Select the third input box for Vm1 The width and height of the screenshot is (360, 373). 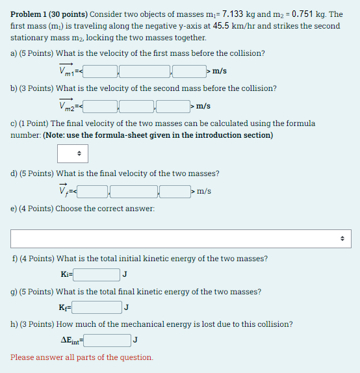[189, 71]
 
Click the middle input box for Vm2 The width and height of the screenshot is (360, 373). [136, 105]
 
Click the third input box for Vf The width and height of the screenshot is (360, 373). [175, 191]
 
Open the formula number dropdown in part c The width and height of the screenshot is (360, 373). [72, 154]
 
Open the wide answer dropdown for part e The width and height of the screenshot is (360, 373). [179, 238]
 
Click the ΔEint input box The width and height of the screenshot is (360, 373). [108, 340]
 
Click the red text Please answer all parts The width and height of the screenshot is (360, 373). [82, 357]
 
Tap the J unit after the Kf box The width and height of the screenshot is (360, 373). [126, 307]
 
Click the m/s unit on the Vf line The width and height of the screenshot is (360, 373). [204, 191]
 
